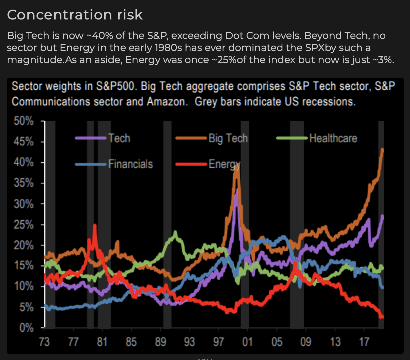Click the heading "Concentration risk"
75,15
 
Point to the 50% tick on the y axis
24,121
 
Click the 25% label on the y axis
24,225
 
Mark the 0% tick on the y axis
26,328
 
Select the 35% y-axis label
24,183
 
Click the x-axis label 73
44,342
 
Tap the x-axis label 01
248,342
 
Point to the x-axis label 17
364,342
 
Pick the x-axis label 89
160,342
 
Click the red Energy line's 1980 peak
95,225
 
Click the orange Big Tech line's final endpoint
383,149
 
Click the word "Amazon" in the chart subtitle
166,102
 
